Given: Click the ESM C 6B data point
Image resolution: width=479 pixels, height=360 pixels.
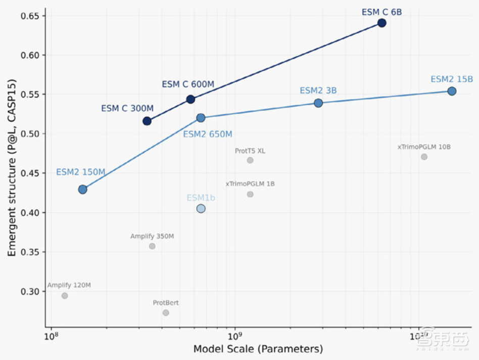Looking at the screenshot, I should coord(381,23).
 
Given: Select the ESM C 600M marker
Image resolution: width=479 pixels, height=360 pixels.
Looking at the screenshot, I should coord(190,99).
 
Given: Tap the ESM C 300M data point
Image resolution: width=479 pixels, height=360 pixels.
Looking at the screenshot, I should coord(147,121).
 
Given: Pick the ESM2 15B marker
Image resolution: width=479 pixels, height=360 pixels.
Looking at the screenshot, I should coord(452,91).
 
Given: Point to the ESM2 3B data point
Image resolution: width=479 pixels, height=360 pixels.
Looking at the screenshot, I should coord(318,103).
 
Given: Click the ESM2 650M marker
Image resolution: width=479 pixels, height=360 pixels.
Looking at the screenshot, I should coord(201,118).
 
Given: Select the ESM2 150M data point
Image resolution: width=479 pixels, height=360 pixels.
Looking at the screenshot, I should coord(82,190).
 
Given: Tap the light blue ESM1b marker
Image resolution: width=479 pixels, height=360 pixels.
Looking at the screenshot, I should coord(201,209).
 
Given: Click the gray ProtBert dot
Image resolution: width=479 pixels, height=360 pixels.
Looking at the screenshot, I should coord(166,313).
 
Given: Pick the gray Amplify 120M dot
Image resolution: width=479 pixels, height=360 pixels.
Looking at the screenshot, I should coord(65,296).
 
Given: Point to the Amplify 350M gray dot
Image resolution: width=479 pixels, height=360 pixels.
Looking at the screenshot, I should coord(152,246).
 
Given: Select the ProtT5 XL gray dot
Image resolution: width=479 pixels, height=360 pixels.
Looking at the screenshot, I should coord(250,160).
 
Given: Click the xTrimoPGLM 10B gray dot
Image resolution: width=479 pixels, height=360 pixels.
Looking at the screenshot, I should coord(424,157).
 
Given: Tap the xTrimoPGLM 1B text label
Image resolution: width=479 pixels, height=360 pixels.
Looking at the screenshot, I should coord(250,184).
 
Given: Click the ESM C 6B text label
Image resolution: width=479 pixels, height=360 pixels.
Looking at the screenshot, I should coord(381,12).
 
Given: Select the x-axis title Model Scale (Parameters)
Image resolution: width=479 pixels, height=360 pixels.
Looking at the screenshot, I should coord(258,349).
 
